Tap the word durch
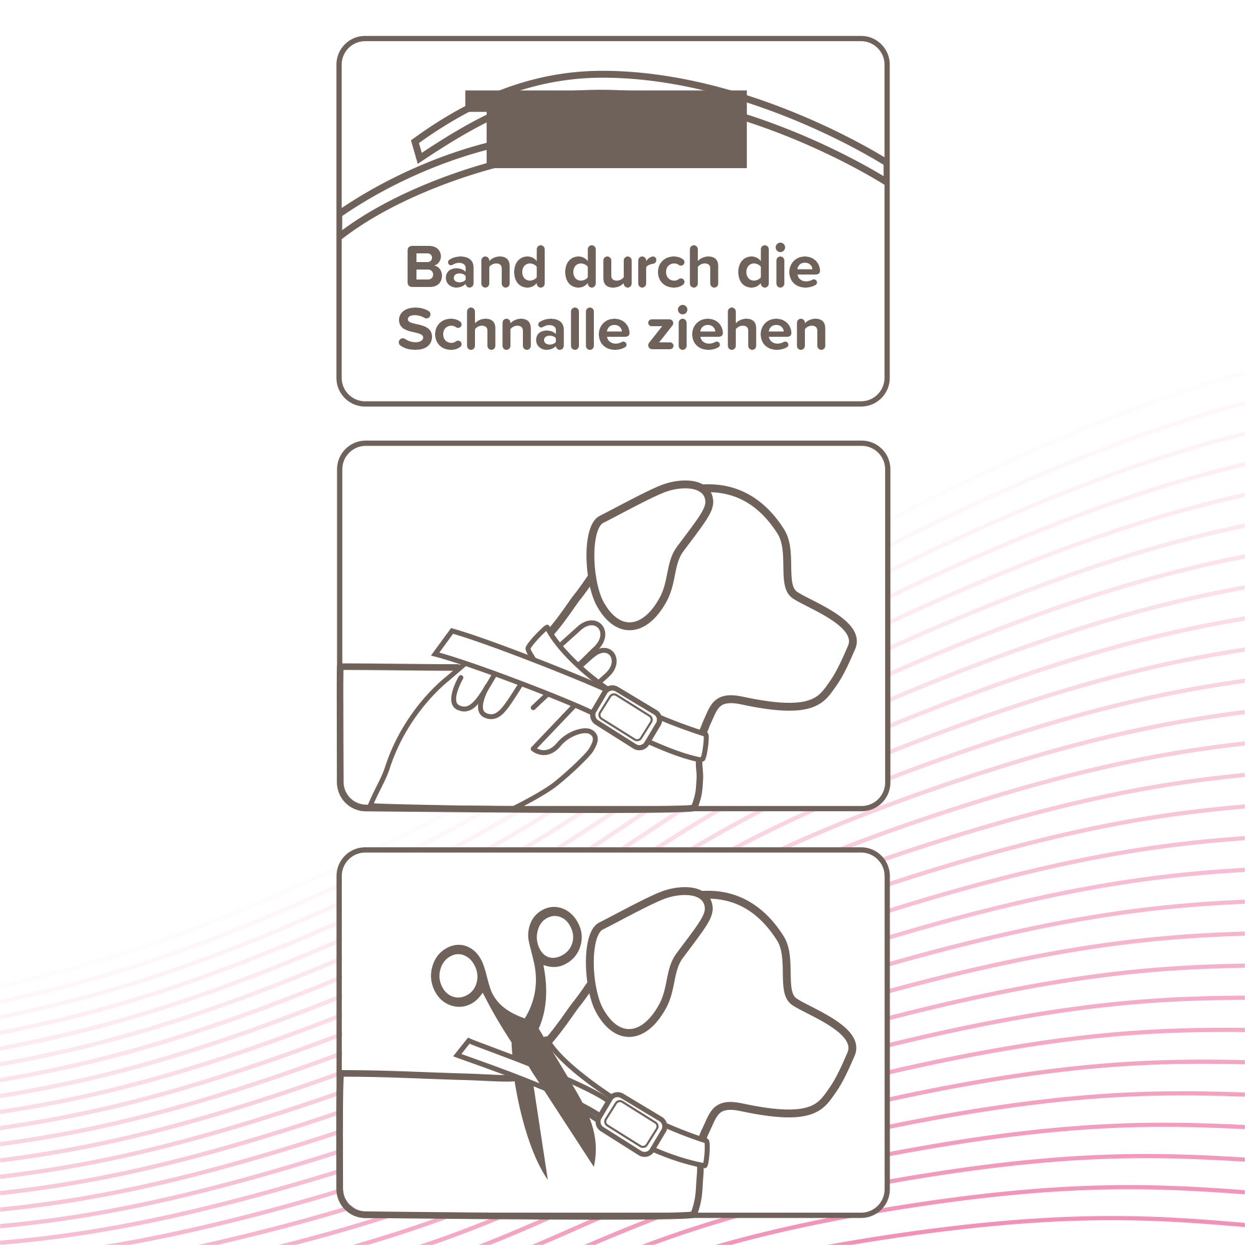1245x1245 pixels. click(642, 267)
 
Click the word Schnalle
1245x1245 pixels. click(513, 330)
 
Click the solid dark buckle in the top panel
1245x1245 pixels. click(616, 129)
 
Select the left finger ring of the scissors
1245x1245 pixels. click(458, 975)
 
